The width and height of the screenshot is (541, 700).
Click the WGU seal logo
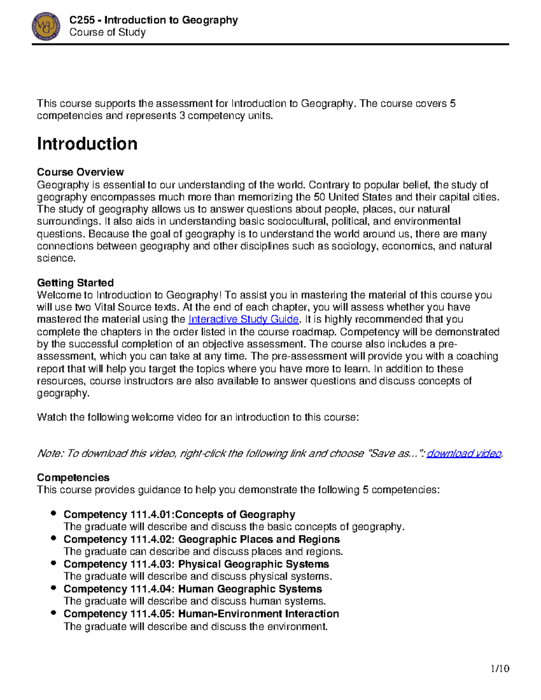pos(46,27)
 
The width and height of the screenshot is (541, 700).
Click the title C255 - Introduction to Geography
pos(153,20)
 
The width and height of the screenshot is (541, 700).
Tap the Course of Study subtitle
pos(107,32)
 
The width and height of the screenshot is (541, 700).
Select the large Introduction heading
pos(87,144)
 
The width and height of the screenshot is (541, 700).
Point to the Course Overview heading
pos(80,172)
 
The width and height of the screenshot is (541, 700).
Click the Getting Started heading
pos(75,283)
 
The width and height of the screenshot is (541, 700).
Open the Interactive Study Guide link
pos(243,320)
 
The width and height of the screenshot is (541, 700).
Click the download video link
pos(464,453)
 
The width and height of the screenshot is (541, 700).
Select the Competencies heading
pos(73,477)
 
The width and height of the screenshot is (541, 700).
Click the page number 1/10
pos(500,668)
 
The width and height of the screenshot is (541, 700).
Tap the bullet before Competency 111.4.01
pos(54,513)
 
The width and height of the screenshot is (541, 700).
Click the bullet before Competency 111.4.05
pos(54,613)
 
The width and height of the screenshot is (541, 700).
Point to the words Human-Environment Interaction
pos(258,614)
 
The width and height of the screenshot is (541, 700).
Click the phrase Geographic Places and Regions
pos(259,540)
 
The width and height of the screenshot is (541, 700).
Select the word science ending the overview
pos(55,258)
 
